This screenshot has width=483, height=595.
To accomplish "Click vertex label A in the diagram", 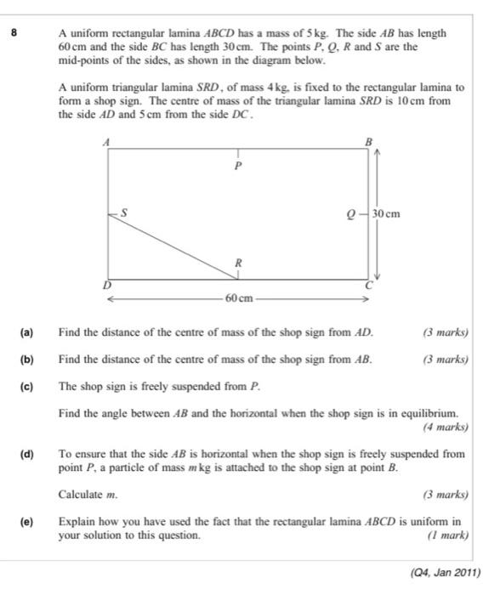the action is click(106, 143).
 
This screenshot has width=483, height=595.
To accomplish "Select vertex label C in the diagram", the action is click(369, 286).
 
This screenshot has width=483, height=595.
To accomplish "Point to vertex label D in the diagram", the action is click(106, 286).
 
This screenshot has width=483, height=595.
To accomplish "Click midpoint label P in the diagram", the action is click(238, 167).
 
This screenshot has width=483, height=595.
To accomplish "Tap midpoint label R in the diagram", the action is click(239, 263).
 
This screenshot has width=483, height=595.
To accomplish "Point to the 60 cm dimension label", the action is click(238, 298).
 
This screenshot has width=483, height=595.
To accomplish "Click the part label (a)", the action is click(26, 332).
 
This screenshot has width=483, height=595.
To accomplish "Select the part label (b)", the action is click(26, 360).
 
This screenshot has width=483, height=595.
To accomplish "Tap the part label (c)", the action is click(26, 386).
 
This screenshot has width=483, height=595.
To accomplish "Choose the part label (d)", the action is click(26, 454).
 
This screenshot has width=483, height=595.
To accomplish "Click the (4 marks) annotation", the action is click(446, 427).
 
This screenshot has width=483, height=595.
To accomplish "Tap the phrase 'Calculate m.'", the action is click(88, 494).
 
